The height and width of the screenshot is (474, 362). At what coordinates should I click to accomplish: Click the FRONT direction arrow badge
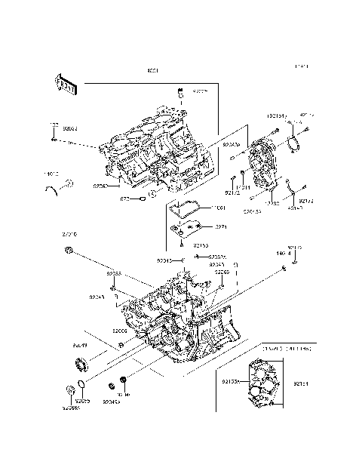tap(66, 82)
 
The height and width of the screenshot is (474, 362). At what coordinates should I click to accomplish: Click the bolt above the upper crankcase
tap(181, 94)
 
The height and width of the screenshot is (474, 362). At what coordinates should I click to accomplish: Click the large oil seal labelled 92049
tap(79, 368)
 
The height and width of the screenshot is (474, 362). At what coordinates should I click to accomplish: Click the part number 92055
tap(82, 402)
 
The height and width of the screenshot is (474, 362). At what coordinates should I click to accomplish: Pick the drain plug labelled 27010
tap(69, 249)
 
